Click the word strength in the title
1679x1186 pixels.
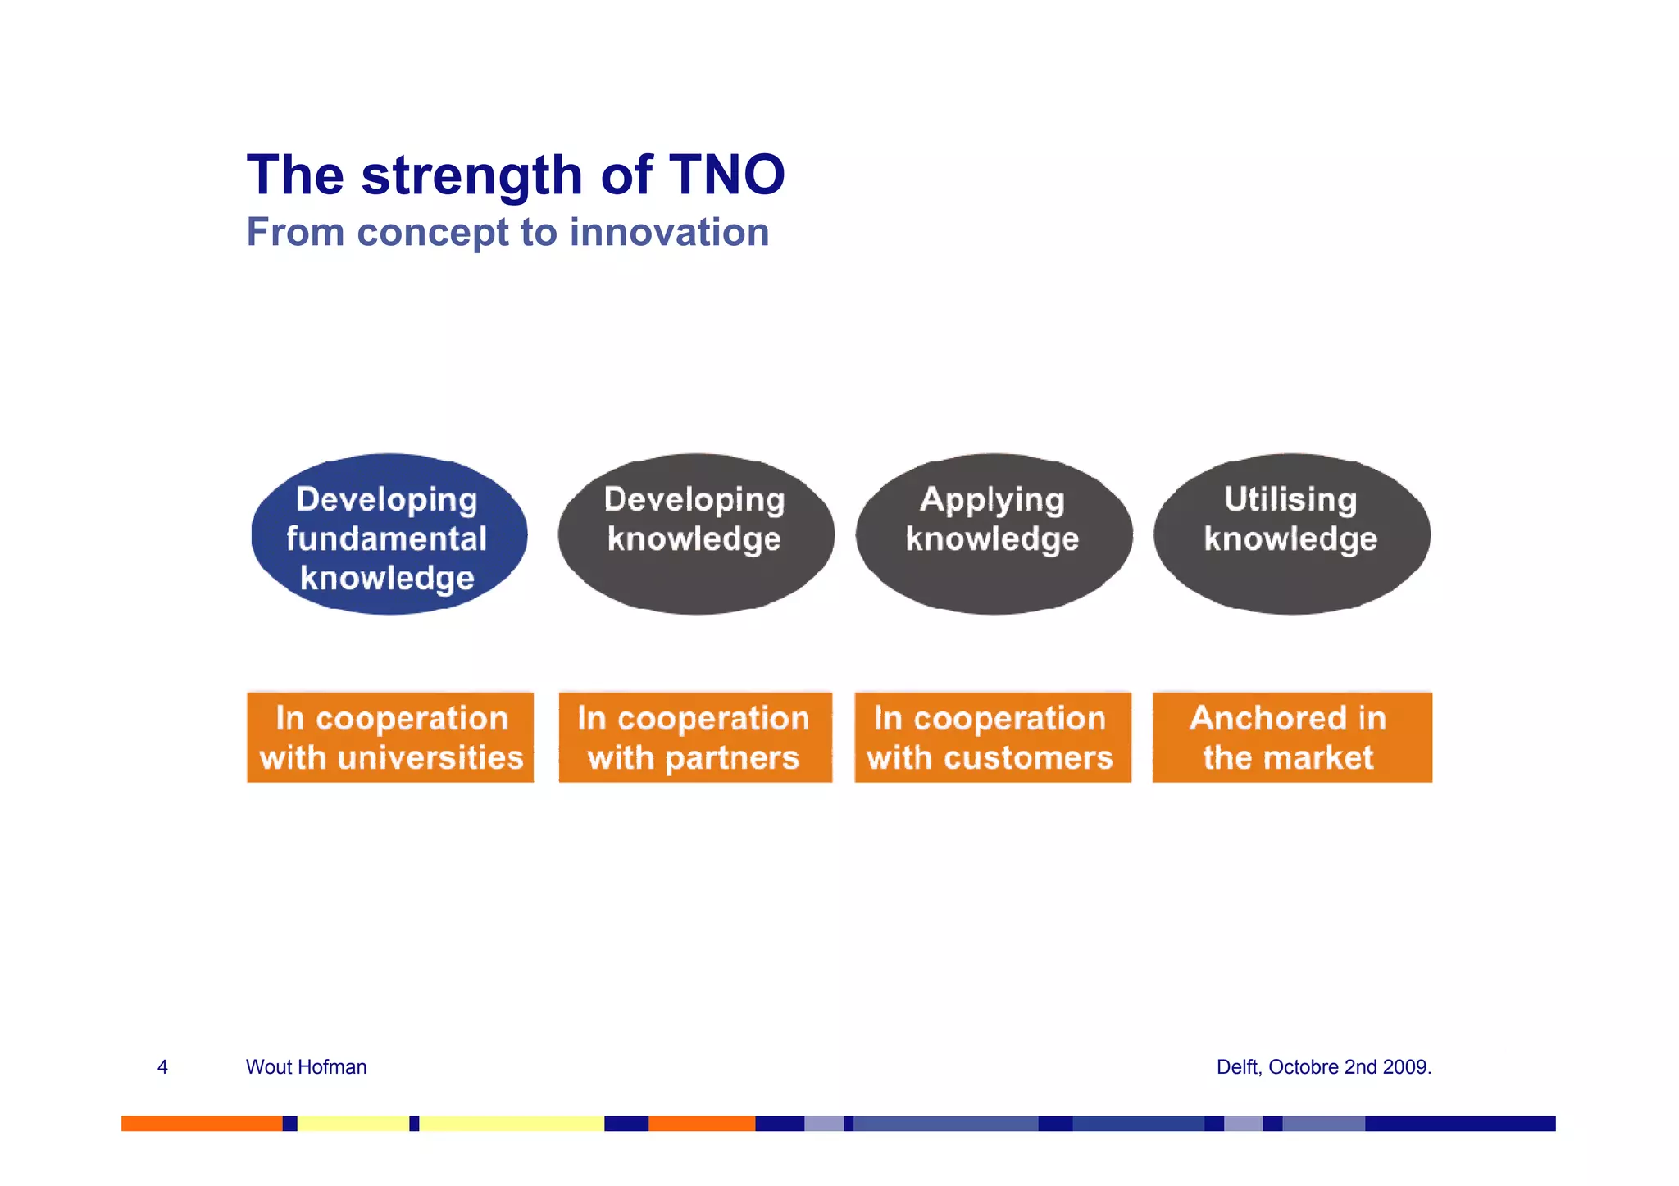471,176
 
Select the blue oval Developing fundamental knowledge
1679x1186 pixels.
389,534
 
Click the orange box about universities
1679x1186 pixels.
390,737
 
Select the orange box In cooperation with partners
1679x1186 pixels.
694,737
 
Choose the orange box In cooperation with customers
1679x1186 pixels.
992,737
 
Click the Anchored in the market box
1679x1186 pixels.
1291,737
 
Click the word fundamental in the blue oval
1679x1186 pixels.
386,538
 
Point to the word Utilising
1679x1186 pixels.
1290,499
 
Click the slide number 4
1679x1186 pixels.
162,1066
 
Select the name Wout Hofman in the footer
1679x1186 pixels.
306,1066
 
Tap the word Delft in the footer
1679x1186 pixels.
1237,1066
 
